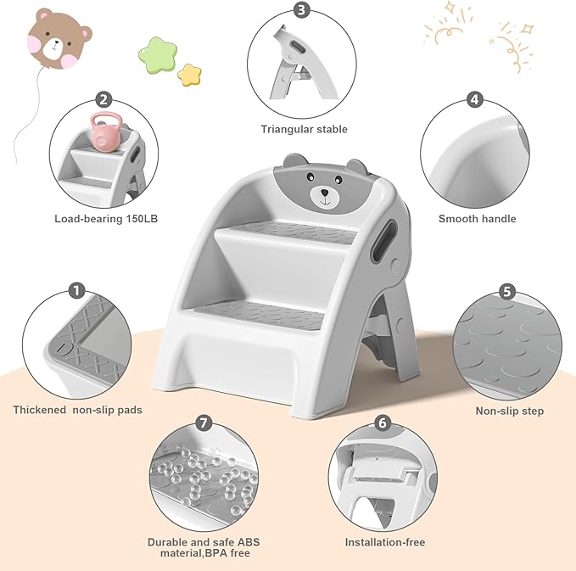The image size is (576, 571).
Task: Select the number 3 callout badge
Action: [302, 10]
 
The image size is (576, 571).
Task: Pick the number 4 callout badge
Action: [475, 100]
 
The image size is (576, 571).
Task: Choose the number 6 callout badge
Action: [383, 423]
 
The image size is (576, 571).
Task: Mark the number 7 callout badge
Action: [201, 423]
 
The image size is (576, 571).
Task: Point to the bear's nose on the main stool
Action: [324, 194]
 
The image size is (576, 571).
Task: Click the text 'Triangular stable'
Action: [304, 130]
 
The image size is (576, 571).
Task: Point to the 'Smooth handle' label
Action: [477, 219]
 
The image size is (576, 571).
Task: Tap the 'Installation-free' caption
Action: [384, 542]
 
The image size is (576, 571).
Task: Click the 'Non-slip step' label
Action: [510, 411]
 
